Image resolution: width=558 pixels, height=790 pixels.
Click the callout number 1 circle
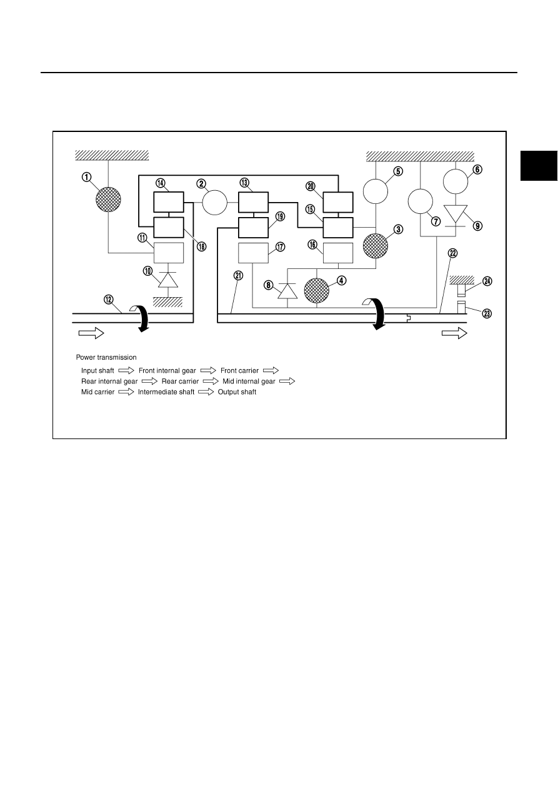(87, 177)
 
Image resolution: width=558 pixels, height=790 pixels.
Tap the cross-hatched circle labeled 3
(376, 246)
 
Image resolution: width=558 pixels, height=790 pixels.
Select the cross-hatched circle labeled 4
(317, 291)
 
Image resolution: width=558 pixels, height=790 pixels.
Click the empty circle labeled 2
(214, 203)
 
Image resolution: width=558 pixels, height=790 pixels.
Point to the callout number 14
(161, 183)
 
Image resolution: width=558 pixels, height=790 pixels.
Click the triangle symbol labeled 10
(168, 280)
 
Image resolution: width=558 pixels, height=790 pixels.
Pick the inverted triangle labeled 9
(456, 214)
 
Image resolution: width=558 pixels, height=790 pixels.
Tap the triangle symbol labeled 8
(287, 291)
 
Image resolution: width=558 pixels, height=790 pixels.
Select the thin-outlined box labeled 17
(253, 253)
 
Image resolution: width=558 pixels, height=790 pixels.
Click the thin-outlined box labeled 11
(169, 253)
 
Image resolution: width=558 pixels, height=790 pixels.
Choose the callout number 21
(239, 275)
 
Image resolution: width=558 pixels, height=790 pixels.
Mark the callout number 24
(487, 281)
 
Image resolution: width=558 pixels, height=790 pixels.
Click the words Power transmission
(106, 357)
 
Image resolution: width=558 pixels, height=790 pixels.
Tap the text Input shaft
(97, 371)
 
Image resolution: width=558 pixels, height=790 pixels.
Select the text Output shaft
(237, 392)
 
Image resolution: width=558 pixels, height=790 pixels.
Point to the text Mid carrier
(98, 392)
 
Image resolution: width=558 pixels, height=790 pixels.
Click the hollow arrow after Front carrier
(271, 370)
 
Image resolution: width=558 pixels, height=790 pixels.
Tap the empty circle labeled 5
(376, 191)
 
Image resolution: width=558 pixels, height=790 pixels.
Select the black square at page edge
(539, 166)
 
